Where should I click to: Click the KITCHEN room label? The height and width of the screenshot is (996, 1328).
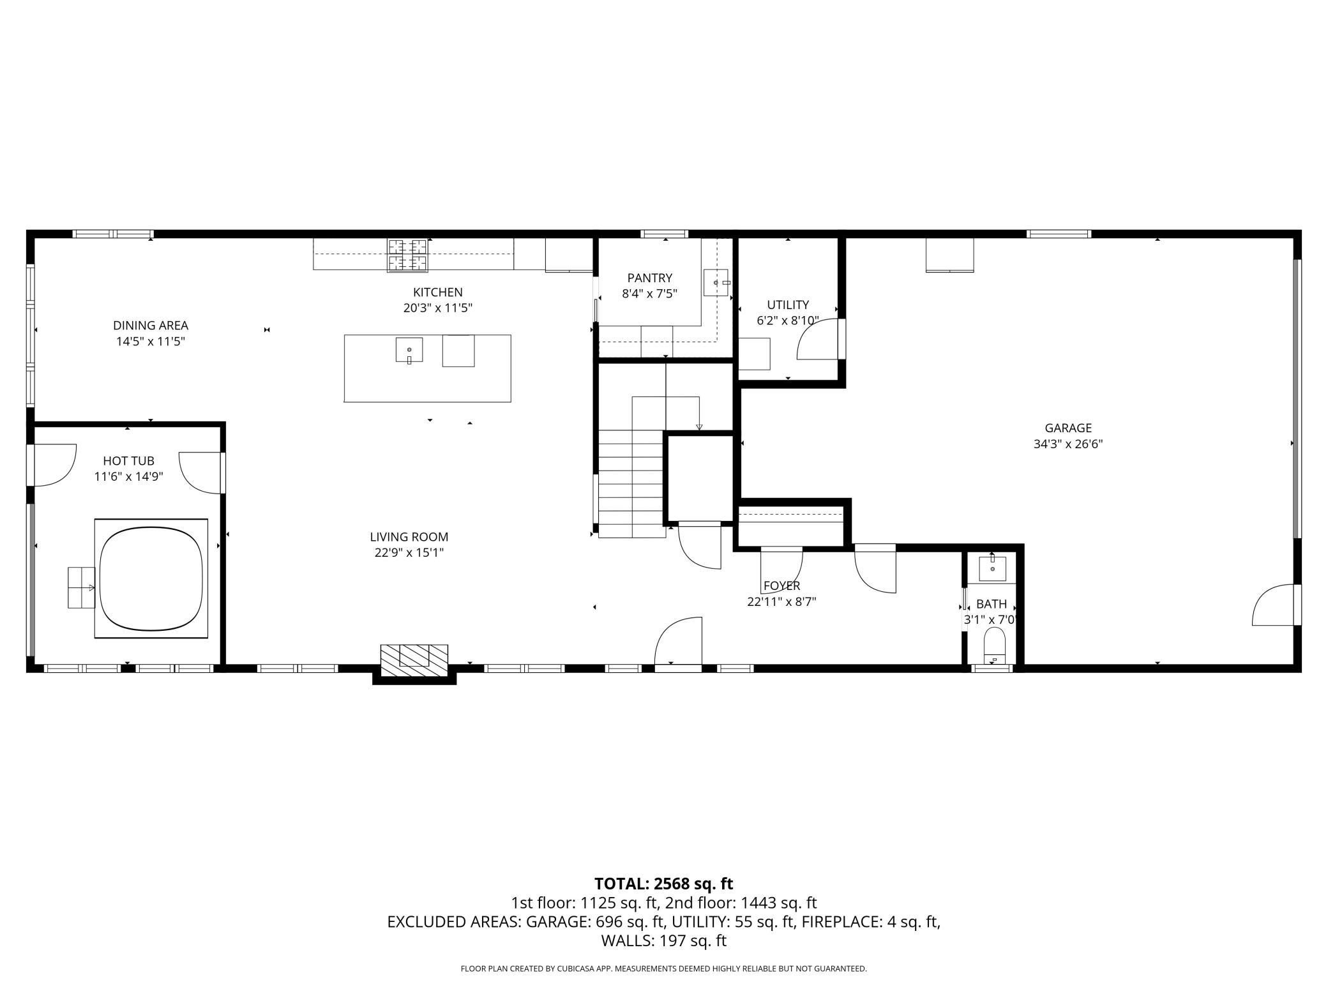[x=437, y=292]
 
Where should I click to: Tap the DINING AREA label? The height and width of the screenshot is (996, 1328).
[x=151, y=326]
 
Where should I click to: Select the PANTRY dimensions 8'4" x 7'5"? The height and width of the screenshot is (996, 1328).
[x=649, y=294]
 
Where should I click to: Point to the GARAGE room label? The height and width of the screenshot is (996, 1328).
[x=1068, y=428]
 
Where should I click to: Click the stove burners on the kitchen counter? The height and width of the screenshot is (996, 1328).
[x=407, y=255]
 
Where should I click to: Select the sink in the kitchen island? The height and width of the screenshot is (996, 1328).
[x=409, y=351]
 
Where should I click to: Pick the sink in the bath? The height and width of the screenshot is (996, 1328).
[x=992, y=568]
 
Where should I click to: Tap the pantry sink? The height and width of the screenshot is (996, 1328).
[x=716, y=283]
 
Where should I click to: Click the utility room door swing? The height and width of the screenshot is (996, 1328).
[x=817, y=339]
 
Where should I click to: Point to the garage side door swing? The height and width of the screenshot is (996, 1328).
[x=1273, y=605]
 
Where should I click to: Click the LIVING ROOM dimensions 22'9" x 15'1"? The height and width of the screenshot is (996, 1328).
[x=409, y=553]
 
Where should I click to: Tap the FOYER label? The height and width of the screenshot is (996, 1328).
[x=781, y=585]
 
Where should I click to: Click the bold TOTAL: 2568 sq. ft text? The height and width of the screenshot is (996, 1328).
[x=663, y=884]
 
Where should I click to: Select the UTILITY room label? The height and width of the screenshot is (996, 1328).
[x=788, y=305]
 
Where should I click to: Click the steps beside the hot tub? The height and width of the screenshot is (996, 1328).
[x=82, y=587]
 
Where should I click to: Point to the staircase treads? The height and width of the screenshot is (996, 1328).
[x=631, y=484]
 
